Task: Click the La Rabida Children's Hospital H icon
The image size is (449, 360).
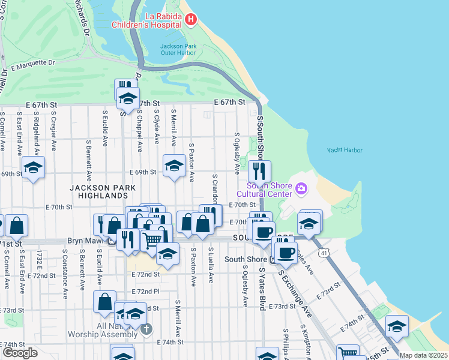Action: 191,20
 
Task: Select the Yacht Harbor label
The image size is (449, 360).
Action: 345,151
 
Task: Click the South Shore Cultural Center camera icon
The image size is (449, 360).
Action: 301,190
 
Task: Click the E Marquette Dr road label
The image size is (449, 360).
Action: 33,63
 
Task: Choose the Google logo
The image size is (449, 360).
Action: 20,353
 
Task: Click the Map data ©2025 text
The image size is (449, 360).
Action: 423,355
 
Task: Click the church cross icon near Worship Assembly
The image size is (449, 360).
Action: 146,329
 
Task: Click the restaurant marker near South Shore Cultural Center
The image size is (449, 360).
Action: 259,171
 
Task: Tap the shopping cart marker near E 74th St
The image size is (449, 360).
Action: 348,353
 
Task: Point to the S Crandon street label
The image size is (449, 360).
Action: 214,189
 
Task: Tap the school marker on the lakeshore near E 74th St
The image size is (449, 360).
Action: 397,326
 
